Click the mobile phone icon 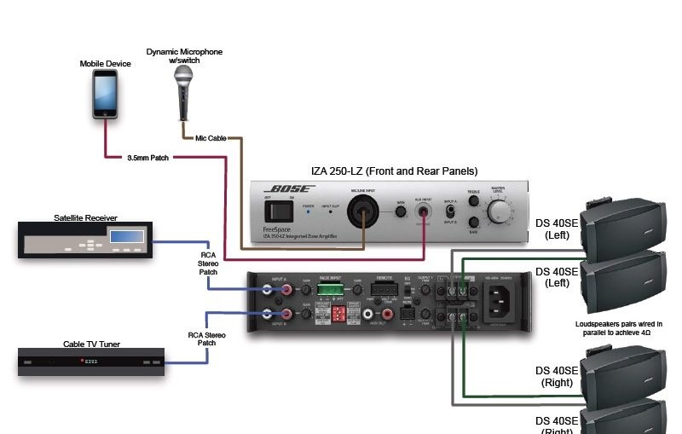point(105,94)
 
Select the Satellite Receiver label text point(85,217)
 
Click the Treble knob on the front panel point(474,200)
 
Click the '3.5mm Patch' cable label point(148,157)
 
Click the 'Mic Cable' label point(211,137)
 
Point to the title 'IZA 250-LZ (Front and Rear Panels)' point(394,171)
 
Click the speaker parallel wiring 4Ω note point(618,329)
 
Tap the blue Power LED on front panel point(309,211)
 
